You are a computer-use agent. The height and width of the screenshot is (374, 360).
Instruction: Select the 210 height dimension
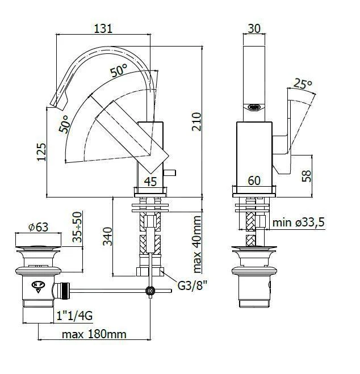196,121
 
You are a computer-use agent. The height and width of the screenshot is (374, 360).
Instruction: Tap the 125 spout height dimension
41,152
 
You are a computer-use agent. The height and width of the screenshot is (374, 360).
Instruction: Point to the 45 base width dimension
150,181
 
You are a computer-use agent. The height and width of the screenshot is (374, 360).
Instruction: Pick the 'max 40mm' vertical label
196,243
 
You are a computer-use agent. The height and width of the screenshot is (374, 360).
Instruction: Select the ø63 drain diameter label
37,226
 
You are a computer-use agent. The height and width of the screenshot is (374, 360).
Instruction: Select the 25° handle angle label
303,84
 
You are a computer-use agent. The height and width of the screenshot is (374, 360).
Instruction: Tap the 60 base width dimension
254,181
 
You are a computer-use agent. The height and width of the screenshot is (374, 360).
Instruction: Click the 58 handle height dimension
307,175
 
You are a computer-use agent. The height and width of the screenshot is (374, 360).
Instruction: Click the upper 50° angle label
119,71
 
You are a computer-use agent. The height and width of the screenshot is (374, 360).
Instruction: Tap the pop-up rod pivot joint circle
150,291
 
